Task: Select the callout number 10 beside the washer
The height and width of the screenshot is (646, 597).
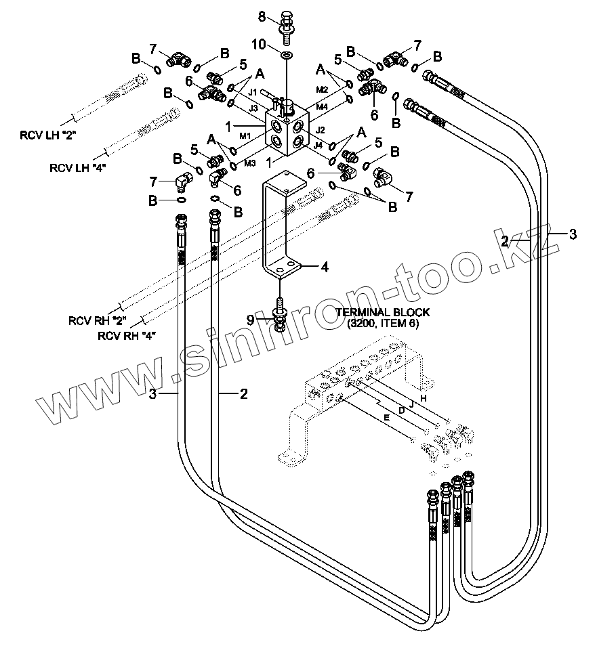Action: (260, 44)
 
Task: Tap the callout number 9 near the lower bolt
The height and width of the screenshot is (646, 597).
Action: (251, 320)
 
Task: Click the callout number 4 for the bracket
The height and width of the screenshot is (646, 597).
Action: (325, 267)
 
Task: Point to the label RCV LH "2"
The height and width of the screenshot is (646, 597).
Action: (48, 135)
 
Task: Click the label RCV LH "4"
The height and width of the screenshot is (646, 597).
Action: (78, 168)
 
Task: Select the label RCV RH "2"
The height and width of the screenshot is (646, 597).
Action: (98, 320)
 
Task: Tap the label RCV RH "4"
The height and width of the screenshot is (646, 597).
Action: (127, 336)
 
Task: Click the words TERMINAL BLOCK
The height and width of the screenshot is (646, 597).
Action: (383, 312)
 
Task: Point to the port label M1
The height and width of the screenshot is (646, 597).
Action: (245, 135)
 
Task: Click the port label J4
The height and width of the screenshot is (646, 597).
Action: (318, 145)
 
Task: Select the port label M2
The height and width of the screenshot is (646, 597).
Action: (322, 89)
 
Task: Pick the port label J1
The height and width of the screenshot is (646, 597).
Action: (253, 92)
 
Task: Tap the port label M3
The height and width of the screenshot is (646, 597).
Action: (250, 163)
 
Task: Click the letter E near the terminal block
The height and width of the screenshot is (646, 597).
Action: (386, 418)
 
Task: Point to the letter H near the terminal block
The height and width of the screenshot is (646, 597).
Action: (423, 398)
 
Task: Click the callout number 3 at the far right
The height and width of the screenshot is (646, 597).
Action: (573, 234)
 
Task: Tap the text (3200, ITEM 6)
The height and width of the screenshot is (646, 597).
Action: (383, 324)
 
